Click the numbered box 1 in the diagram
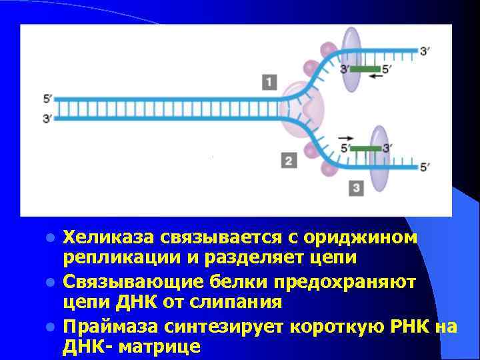pyautogui.click(x=269, y=83)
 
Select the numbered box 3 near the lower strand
pyautogui.click(x=357, y=189)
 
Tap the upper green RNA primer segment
pyautogui.click(x=365, y=69)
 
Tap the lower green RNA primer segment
pyautogui.click(x=366, y=148)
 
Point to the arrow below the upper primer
pyautogui.click(x=378, y=77)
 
